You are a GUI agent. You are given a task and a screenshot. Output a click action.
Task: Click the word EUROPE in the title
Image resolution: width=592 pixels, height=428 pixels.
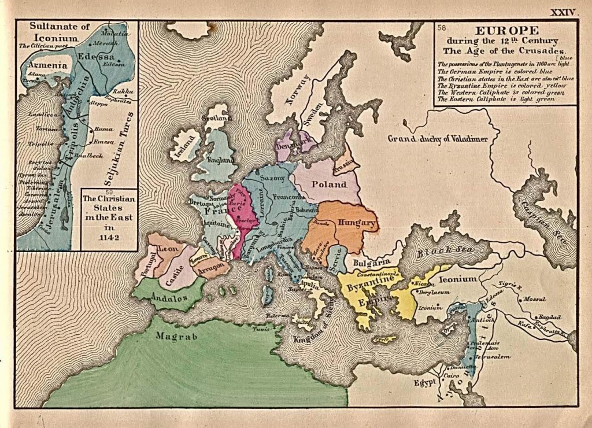click(506, 31)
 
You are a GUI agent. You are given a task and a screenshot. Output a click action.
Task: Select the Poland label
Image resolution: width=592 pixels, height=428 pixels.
click(329, 185)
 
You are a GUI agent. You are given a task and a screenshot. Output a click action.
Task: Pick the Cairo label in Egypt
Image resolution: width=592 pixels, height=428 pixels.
click(452, 376)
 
